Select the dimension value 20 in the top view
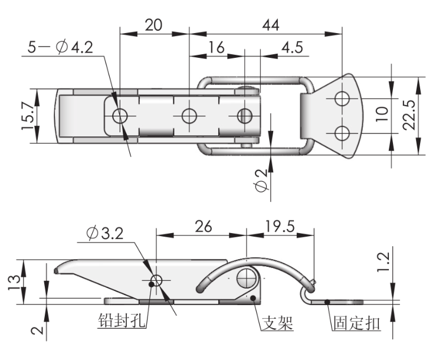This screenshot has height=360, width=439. (153, 26)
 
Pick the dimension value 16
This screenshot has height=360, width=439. (217, 47)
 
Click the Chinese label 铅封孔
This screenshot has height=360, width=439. (122, 323)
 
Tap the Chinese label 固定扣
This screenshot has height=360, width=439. (356, 323)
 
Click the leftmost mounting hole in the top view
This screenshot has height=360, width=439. (120, 116)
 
